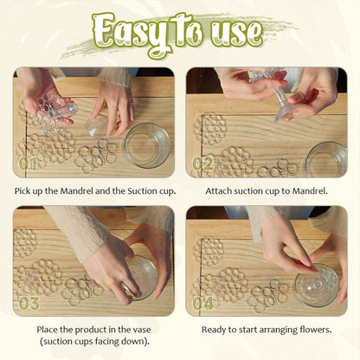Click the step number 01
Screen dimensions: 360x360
pos(28,164)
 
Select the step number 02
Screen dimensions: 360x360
pos(203,164)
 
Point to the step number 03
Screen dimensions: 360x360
pos(29,304)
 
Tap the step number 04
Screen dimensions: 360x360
pos(203,304)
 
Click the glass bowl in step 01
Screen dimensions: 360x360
pos(147,145)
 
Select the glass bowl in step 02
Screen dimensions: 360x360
pos(326,160)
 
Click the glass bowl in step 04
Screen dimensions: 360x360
pos(317,285)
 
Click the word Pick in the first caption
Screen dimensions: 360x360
pos(22,191)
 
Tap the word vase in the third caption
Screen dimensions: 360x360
pos(142,330)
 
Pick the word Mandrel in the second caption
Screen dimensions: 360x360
pos(310,191)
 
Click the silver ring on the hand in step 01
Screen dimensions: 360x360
pos(132,104)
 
